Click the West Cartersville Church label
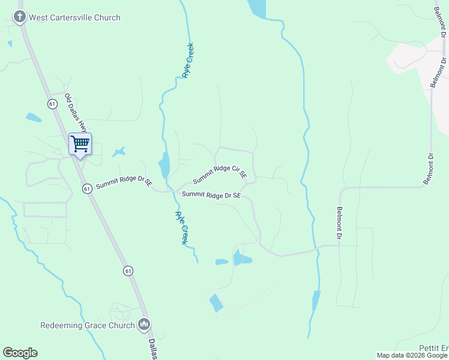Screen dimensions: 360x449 click(x=75, y=17)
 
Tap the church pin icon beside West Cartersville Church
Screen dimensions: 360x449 click(x=20, y=17)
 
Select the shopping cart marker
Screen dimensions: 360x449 click(x=80, y=143)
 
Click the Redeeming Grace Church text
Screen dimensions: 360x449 click(x=88, y=325)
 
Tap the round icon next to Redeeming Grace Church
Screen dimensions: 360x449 click(x=143, y=325)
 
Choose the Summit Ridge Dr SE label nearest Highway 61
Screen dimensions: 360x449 click(x=123, y=182)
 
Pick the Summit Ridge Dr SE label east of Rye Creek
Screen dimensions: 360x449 click(x=211, y=195)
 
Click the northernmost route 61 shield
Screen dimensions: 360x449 click(x=53, y=104)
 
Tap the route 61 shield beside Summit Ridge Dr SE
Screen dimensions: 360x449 click(x=87, y=188)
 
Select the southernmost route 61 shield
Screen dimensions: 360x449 click(x=128, y=271)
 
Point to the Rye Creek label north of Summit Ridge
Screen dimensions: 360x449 click(x=188, y=60)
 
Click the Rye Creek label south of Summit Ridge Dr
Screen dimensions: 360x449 click(x=181, y=227)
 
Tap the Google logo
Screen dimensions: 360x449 click(x=20, y=353)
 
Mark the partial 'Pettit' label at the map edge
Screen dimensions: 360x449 click(x=433, y=348)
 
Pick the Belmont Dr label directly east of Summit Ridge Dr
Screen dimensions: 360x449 click(x=339, y=223)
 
